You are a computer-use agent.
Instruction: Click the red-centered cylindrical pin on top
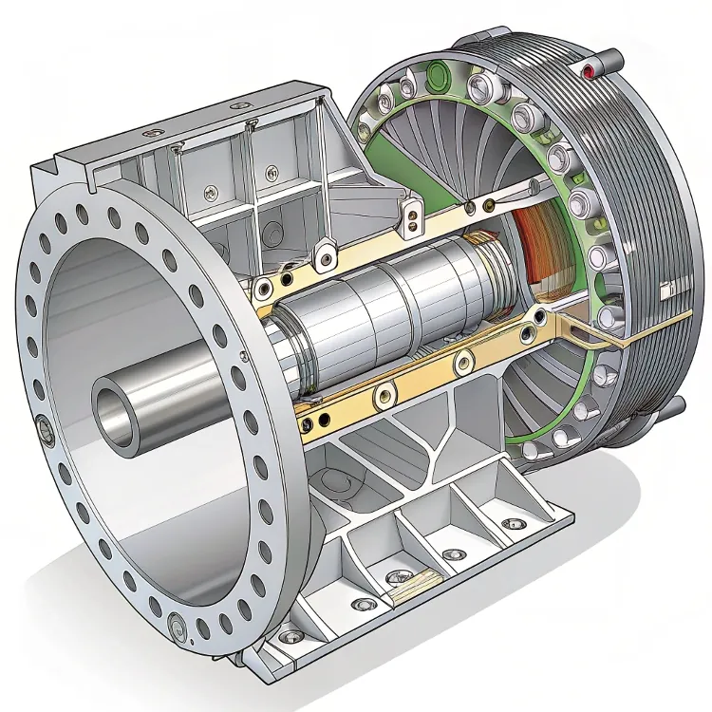[591, 71]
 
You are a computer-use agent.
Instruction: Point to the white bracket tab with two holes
[412, 220]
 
